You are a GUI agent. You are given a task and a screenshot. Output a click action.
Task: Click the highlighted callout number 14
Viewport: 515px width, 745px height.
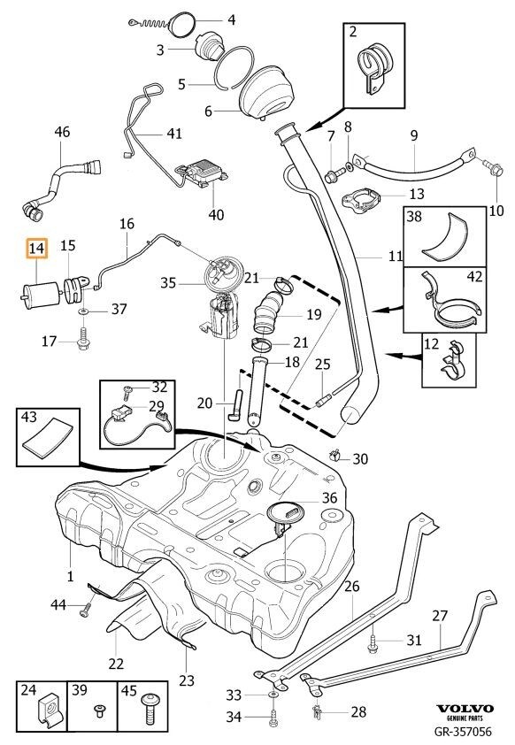pyautogui.click(x=36, y=248)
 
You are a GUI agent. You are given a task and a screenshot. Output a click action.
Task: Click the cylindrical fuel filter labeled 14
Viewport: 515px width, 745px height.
pyautogui.click(x=42, y=295)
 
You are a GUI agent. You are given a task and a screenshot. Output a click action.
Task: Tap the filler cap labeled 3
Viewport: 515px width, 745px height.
pyautogui.click(x=208, y=46)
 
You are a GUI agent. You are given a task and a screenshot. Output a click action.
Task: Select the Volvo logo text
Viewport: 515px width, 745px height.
pyautogui.click(x=465, y=709)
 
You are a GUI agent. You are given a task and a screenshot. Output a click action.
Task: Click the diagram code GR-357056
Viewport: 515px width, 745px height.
pyautogui.click(x=463, y=731)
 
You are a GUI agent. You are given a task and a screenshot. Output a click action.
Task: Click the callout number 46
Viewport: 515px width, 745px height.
pyautogui.click(x=62, y=132)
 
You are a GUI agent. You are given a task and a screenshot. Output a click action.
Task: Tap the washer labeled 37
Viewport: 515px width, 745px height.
pyautogui.click(x=83, y=311)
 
